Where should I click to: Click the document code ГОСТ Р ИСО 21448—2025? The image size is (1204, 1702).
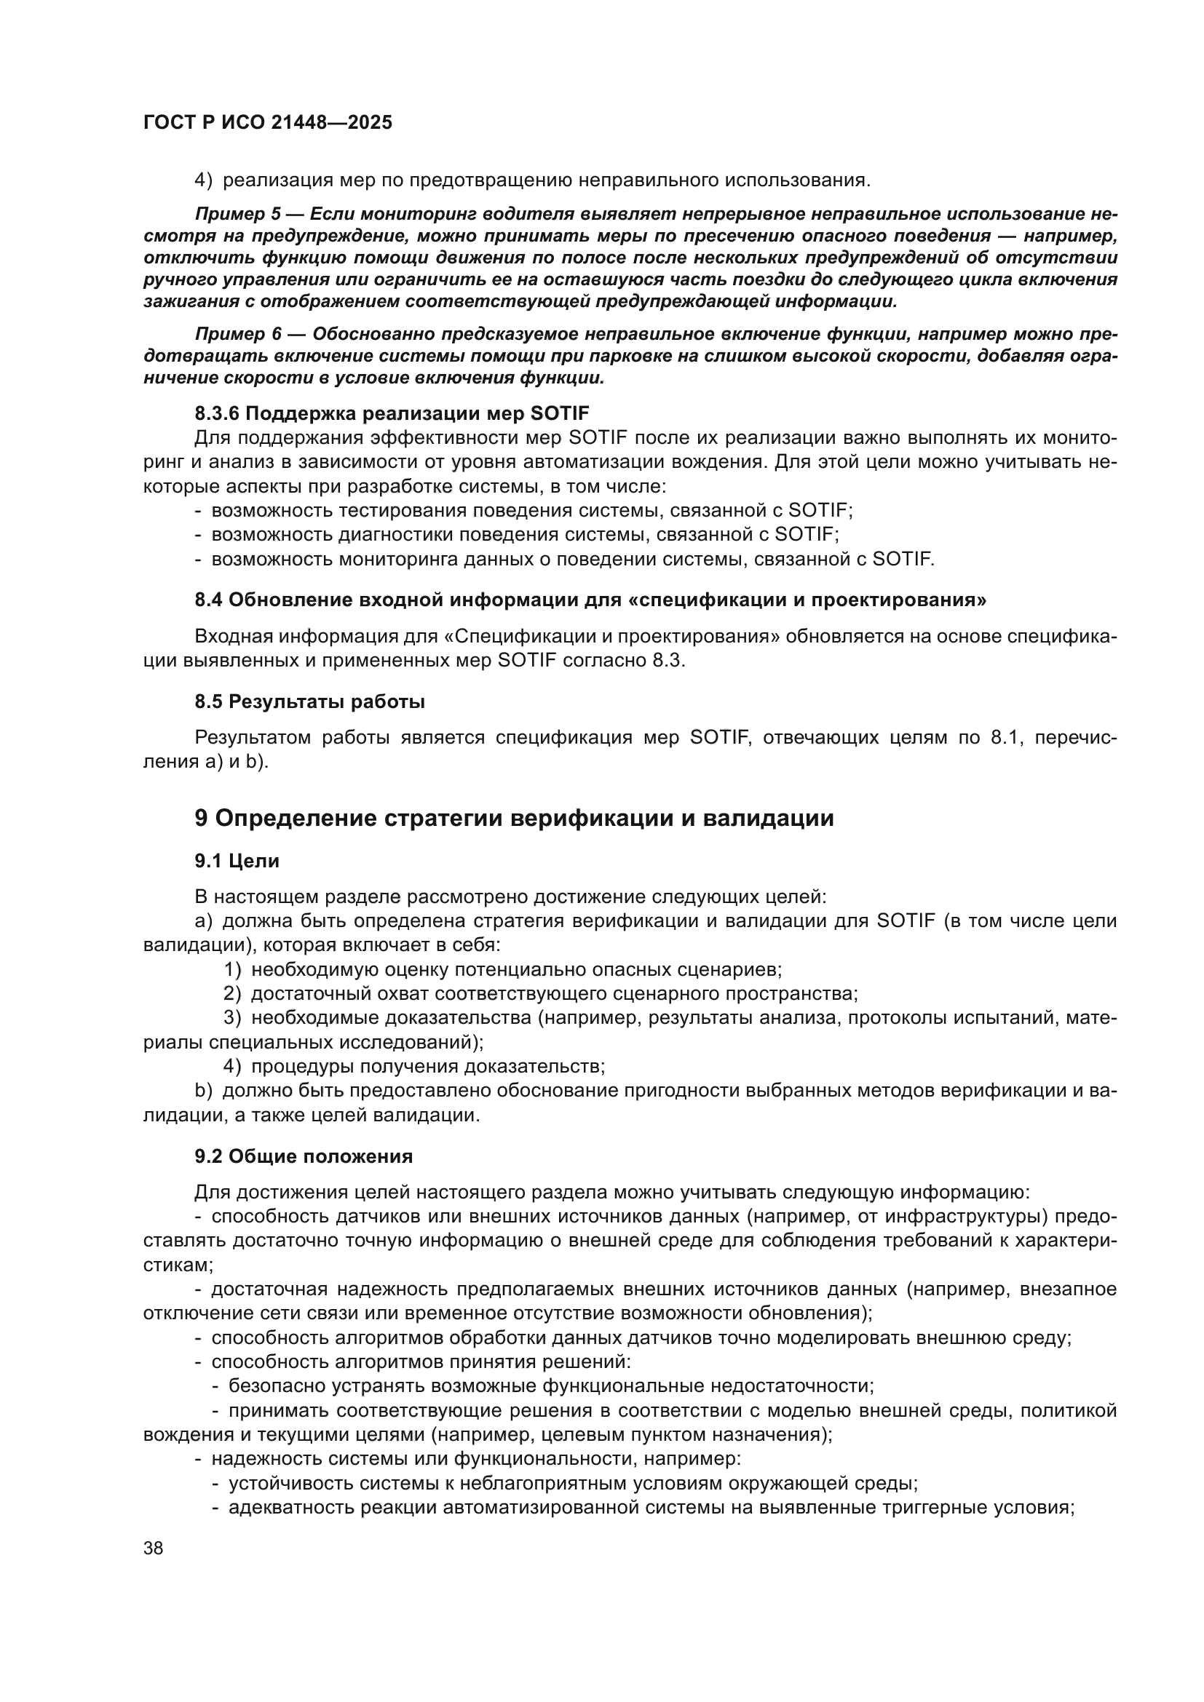pyautogui.click(x=268, y=123)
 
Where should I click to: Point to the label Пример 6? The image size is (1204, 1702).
pyautogui.click(x=239, y=334)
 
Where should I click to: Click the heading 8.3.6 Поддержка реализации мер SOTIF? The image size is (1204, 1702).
pyautogui.click(x=392, y=413)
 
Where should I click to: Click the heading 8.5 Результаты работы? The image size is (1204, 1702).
pyautogui.click(x=310, y=701)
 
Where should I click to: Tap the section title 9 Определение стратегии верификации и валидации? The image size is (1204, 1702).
pyautogui.click(x=514, y=819)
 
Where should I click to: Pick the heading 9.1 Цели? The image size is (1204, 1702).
pyautogui.click(x=237, y=861)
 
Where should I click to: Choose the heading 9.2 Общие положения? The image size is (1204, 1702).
pyautogui.click(x=304, y=1156)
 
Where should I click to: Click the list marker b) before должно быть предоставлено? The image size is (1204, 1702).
pyautogui.click(x=204, y=1091)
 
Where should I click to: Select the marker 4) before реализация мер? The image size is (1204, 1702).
pyautogui.click(x=204, y=180)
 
